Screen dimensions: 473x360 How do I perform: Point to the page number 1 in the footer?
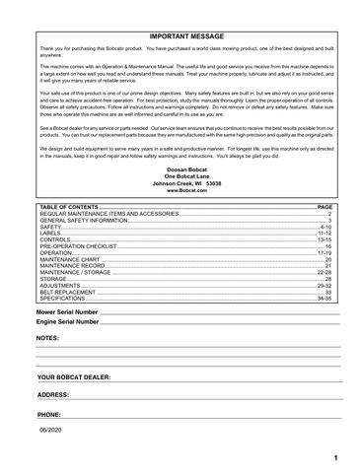(x=336, y=458)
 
